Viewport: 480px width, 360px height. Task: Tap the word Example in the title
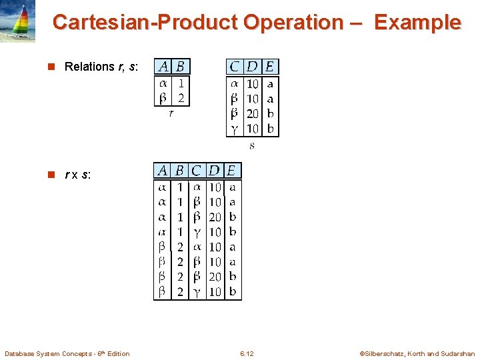pos(417,23)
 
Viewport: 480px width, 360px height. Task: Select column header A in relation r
pos(163,67)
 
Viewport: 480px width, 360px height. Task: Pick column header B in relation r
pos(181,67)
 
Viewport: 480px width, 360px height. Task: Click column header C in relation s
pos(235,67)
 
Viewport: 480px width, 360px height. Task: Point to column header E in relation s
pos(270,67)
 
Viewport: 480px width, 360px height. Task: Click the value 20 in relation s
pos(253,113)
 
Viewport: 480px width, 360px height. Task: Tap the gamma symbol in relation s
pos(234,128)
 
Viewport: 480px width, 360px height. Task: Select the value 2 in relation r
pos(181,99)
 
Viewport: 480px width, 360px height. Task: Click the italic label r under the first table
pos(171,114)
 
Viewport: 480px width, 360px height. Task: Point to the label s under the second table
pos(252,145)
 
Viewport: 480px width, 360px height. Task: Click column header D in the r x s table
pos(214,171)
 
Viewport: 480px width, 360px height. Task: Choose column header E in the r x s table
pos(231,171)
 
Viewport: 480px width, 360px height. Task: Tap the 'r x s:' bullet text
pos(78,175)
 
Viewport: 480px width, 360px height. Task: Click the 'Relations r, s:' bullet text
pos(101,67)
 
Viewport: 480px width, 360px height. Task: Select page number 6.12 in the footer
pos(247,353)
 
